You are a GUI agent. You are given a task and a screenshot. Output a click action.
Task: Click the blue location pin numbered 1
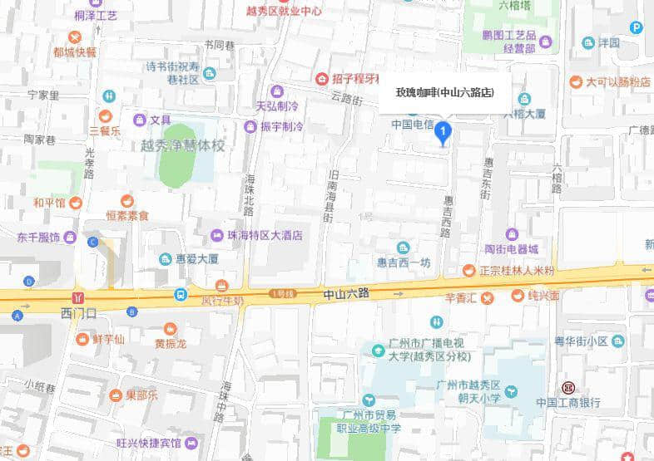(444, 132)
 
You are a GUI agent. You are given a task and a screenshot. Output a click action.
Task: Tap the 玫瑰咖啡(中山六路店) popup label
(444, 93)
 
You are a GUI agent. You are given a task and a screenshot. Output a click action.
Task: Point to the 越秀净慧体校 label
(177, 145)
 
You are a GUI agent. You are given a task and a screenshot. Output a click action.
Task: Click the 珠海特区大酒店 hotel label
(265, 235)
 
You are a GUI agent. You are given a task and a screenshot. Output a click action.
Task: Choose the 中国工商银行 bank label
(568, 402)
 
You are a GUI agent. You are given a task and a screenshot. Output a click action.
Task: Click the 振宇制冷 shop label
(280, 127)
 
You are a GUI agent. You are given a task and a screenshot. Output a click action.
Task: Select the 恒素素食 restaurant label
(126, 215)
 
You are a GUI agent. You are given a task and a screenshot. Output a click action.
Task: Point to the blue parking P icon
(637, 27)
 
